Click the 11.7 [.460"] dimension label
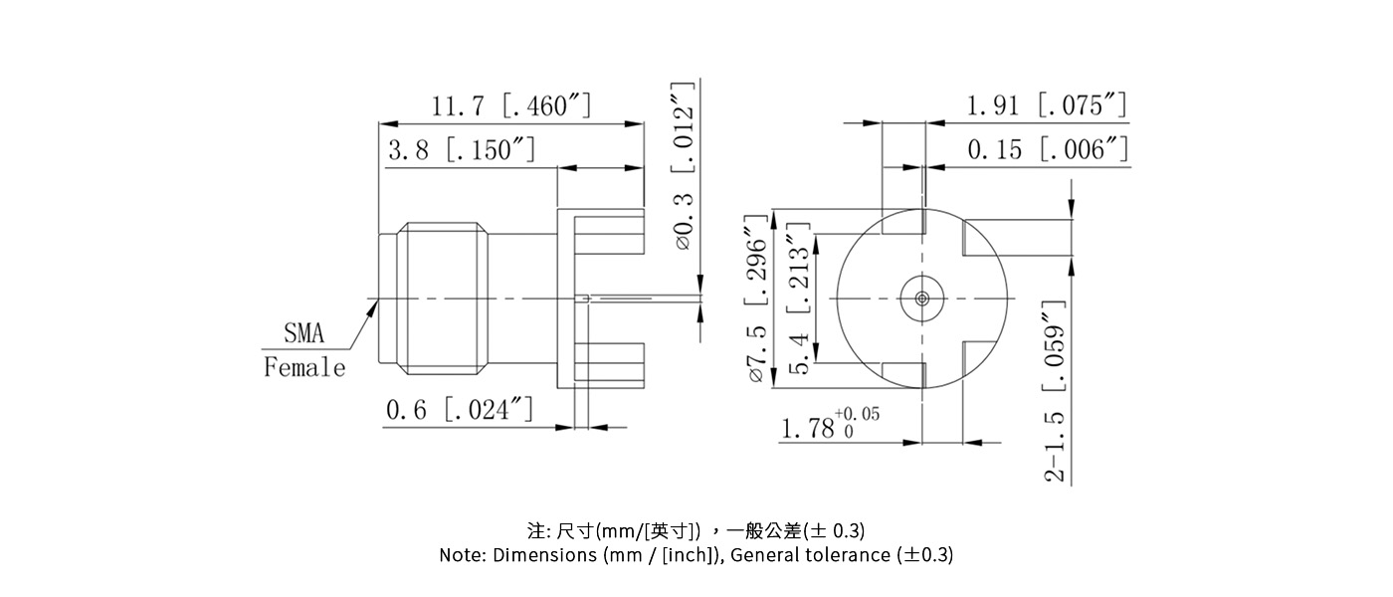click(511, 105)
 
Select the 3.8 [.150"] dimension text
click(462, 150)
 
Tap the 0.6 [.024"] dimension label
click(459, 410)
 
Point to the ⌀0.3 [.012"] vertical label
click(684, 165)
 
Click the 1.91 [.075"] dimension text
click(1047, 105)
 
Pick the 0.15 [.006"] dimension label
click(1048, 150)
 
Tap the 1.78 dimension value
click(806, 430)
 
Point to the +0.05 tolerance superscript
click(857, 414)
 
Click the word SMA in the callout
click(304, 332)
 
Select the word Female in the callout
click(304, 368)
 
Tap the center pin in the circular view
click(922, 298)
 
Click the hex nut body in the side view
click(443, 298)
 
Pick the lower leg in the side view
click(609, 362)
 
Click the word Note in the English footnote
click(463, 555)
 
